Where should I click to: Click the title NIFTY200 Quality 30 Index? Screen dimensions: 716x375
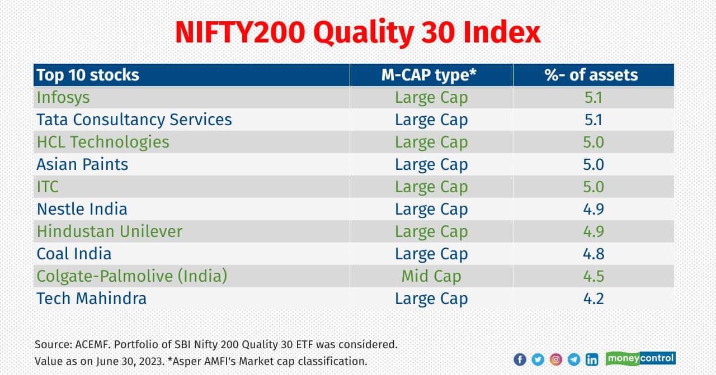[x=357, y=33]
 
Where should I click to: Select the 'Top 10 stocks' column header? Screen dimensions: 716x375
[x=88, y=75]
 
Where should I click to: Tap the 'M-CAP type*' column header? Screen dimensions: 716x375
[x=429, y=75]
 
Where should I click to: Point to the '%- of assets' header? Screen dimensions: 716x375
[x=591, y=75]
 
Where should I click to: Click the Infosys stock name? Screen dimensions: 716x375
[x=63, y=98]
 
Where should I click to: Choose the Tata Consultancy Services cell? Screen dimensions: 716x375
[x=134, y=120]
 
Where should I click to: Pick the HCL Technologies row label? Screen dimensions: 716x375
[x=103, y=142]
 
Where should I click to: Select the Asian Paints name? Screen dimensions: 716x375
[x=82, y=164]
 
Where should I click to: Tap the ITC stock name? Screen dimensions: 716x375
[x=48, y=187]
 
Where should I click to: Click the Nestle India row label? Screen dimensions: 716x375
[x=82, y=209]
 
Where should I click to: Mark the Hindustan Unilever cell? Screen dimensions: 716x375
[x=110, y=231]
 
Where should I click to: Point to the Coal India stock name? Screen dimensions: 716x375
[x=74, y=254]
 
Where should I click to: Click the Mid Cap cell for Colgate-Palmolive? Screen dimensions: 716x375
[x=431, y=276]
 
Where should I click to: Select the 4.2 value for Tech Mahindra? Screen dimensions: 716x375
[x=593, y=298]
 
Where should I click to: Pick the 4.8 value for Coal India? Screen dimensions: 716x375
[x=593, y=254]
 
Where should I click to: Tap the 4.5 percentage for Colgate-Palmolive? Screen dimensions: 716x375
[x=593, y=276]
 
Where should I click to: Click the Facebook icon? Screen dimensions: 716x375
[x=520, y=360]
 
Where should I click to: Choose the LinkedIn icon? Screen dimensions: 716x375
[x=592, y=360]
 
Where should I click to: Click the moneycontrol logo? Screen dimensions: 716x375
[x=640, y=358]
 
